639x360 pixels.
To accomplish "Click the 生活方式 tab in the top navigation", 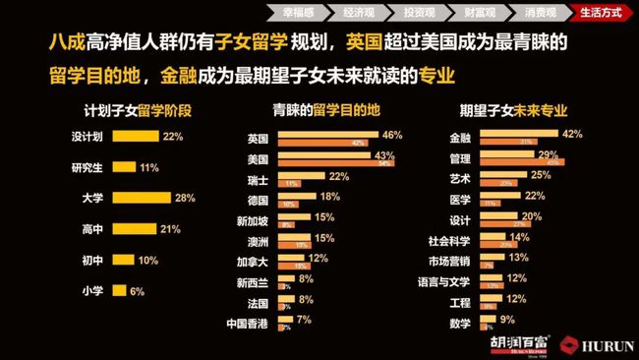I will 603,13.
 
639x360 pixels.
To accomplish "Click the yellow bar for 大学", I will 141,199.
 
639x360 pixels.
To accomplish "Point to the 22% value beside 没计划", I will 174,137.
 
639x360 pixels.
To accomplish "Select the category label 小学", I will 94,290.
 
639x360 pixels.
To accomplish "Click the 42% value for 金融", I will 572,133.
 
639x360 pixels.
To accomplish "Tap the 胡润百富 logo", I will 520,343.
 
